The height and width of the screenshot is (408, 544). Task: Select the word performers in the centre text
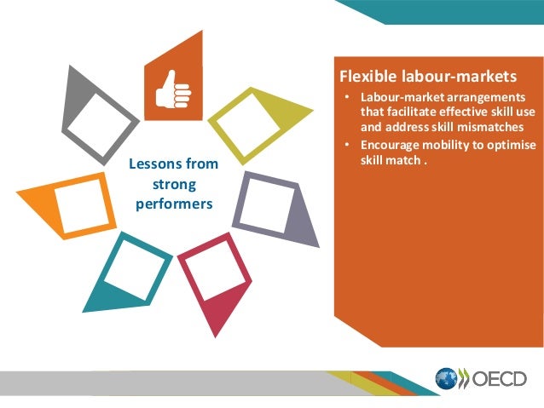(x=174, y=204)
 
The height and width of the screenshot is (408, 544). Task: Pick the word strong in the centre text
(x=174, y=184)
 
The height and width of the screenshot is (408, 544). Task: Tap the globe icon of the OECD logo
(x=446, y=378)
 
